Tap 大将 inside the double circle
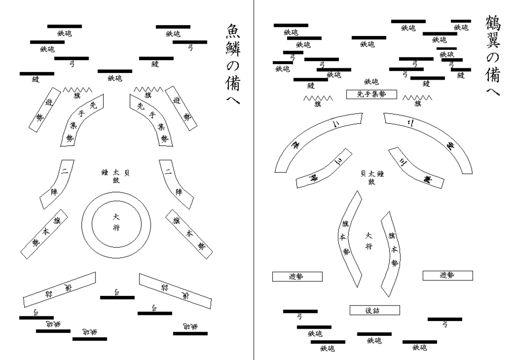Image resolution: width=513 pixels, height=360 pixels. click(x=117, y=221)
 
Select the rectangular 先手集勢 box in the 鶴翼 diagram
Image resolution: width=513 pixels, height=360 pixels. click(x=372, y=94)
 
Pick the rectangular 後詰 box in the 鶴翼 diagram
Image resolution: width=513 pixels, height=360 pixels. click(x=374, y=310)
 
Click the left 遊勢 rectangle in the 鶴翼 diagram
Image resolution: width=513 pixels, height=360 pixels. click(x=297, y=276)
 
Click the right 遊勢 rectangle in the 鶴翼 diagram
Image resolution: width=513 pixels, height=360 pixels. click(x=447, y=275)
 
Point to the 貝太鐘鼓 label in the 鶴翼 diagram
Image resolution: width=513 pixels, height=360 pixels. click(x=373, y=177)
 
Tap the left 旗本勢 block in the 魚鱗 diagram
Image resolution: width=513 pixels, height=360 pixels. click(x=44, y=234)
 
